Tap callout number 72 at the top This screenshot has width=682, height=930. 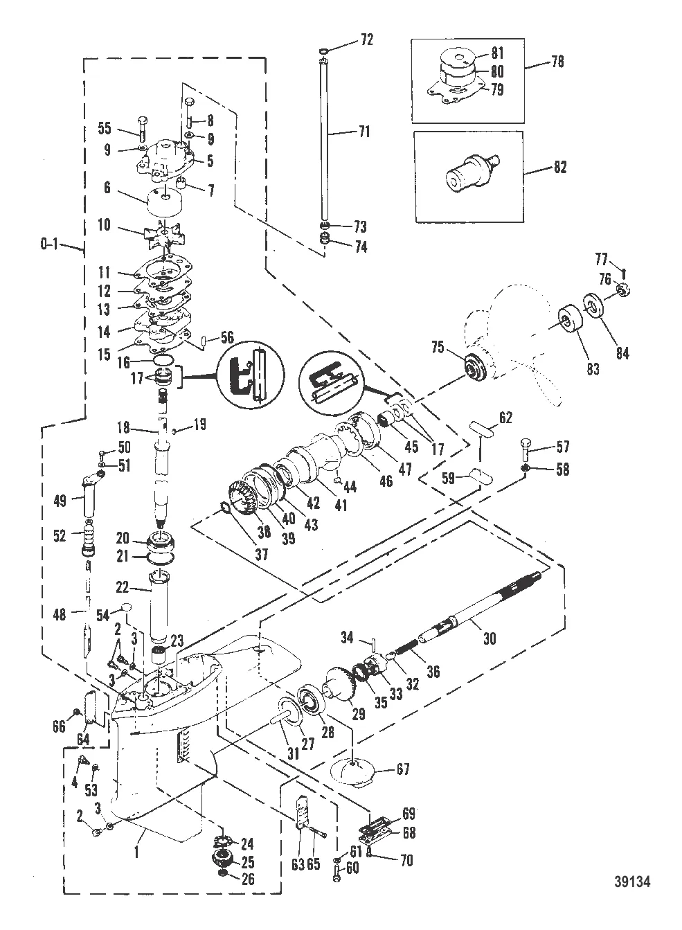pyautogui.click(x=366, y=40)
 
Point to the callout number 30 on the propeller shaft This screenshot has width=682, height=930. pyautogui.click(x=489, y=639)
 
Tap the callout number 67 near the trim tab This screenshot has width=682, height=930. pyautogui.click(x=401, y=769)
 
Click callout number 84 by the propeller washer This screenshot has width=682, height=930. pyautogui.click(x=622, y=354)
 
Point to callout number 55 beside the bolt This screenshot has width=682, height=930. pyautogui.click(x=105, y=128)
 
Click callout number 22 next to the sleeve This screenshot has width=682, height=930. pyautogui.click(x=123, y=587)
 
